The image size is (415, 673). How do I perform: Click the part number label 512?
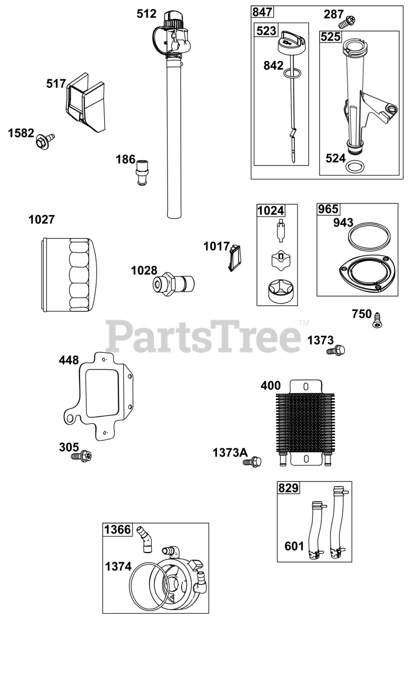click(x=146, y=14)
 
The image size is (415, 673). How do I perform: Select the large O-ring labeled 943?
click(x=369, y=234)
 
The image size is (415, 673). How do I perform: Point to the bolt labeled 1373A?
click(x=254, y=463)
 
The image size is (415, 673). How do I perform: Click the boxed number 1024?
click(x=271, y=211)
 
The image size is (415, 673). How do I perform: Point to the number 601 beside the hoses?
click(x=294, y=546)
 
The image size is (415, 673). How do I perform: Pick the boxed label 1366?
click(x=117, y=529)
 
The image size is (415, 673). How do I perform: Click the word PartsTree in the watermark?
click(x=203, y=336)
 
